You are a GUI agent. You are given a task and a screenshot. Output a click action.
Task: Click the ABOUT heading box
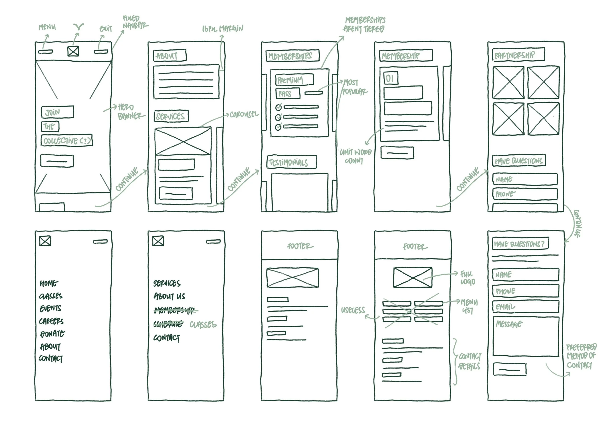[x=170, y=56]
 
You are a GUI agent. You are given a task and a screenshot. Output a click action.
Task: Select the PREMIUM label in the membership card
[x=294, y=80]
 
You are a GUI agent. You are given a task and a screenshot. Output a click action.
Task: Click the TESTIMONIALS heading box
[x=291, y=162]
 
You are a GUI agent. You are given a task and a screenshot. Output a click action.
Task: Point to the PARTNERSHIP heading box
[x=518, y=55]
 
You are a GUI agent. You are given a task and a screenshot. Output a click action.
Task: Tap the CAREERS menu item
[x=52, y=321]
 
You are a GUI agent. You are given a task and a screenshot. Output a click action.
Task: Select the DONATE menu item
[x=52, y=334]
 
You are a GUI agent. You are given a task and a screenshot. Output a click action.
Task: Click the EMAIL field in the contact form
[x=525, y=306]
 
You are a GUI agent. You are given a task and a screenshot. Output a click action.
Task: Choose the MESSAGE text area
[x=525, y=336]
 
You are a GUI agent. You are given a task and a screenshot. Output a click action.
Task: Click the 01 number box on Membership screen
[x=391, y=78]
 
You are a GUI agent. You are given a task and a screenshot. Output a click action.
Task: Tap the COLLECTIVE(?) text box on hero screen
[x=67, y=141]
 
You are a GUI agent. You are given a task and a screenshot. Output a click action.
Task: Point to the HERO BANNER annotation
[x=129, y=112]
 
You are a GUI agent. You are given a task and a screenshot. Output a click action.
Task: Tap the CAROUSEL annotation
[x=244, y=114]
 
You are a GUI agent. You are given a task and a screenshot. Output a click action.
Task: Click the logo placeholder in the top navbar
[x=73, y=51]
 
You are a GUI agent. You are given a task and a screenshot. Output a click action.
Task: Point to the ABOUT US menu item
[x=169, y=296]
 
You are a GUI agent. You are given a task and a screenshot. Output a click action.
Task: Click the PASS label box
[x=288, y=94]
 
